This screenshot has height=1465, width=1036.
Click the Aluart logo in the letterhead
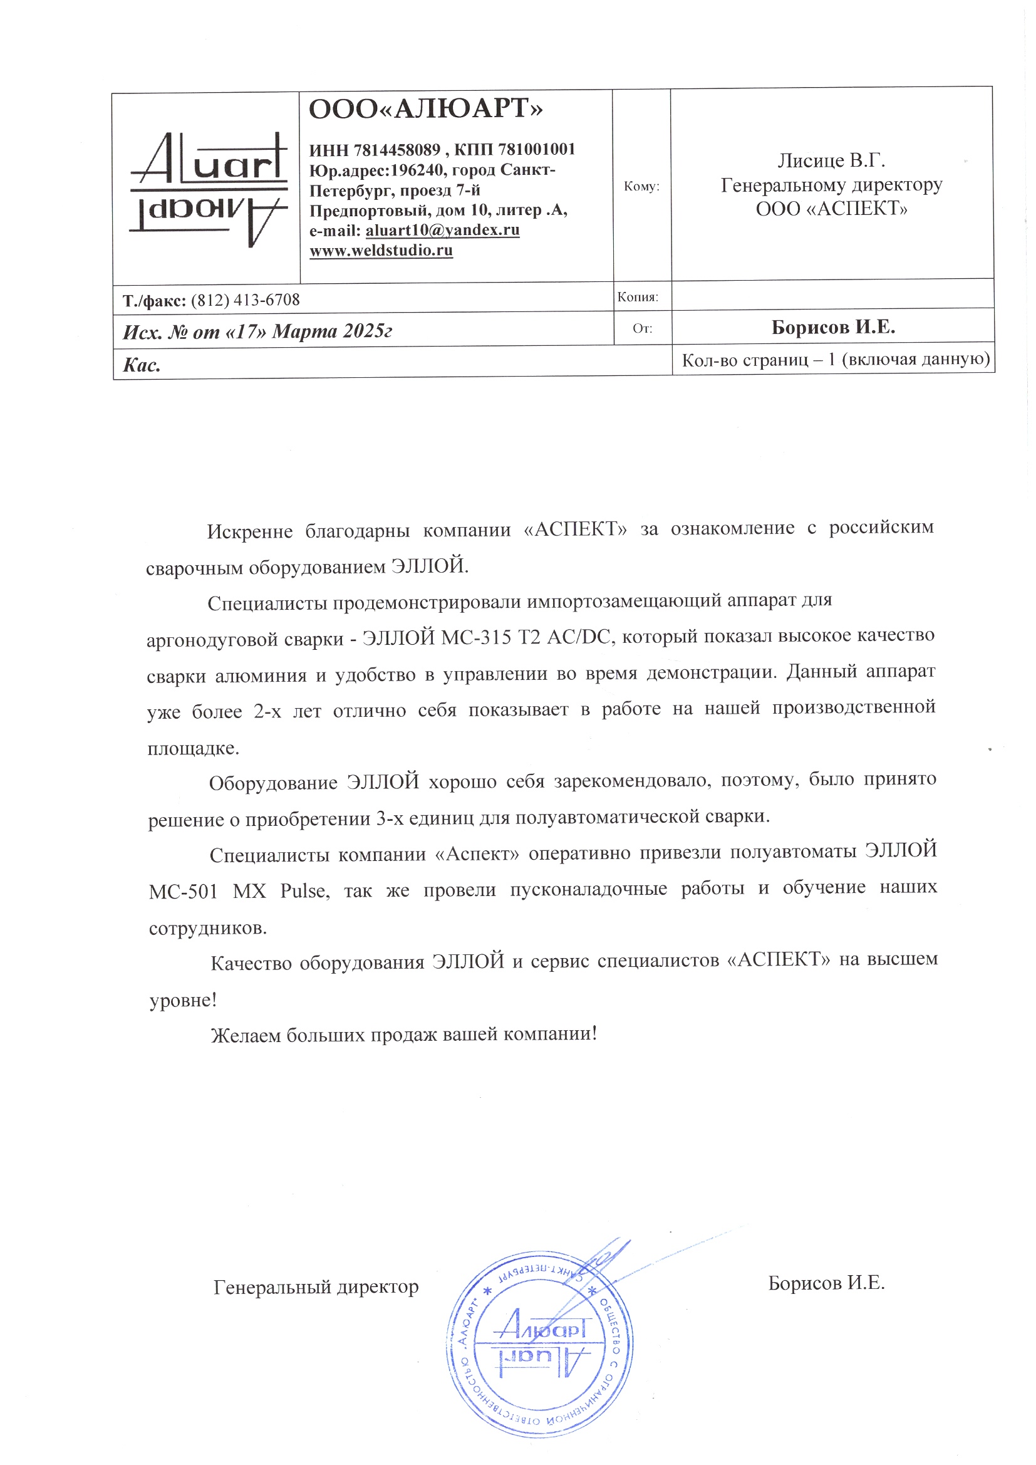(208, 189)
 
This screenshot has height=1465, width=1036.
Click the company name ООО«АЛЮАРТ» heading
(425, 109)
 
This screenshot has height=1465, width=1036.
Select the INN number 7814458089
(396, 150)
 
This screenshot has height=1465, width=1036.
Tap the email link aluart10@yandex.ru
(442, 230)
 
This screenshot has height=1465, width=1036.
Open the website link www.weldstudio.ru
(381, 250)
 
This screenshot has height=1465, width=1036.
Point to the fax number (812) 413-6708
(245, 300)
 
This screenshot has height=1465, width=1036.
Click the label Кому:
(641, 186)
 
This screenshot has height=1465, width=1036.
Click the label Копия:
(637, 297)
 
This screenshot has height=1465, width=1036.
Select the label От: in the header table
(642, 328)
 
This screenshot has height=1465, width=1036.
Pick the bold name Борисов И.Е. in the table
(832, 327)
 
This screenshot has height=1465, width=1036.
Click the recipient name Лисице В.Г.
(831, 160)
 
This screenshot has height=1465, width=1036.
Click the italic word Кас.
(142, 365)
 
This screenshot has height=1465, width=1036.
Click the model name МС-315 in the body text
(477, 637)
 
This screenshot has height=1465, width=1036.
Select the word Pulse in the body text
(304, 891)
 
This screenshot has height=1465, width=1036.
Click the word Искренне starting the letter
(249, 531)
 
